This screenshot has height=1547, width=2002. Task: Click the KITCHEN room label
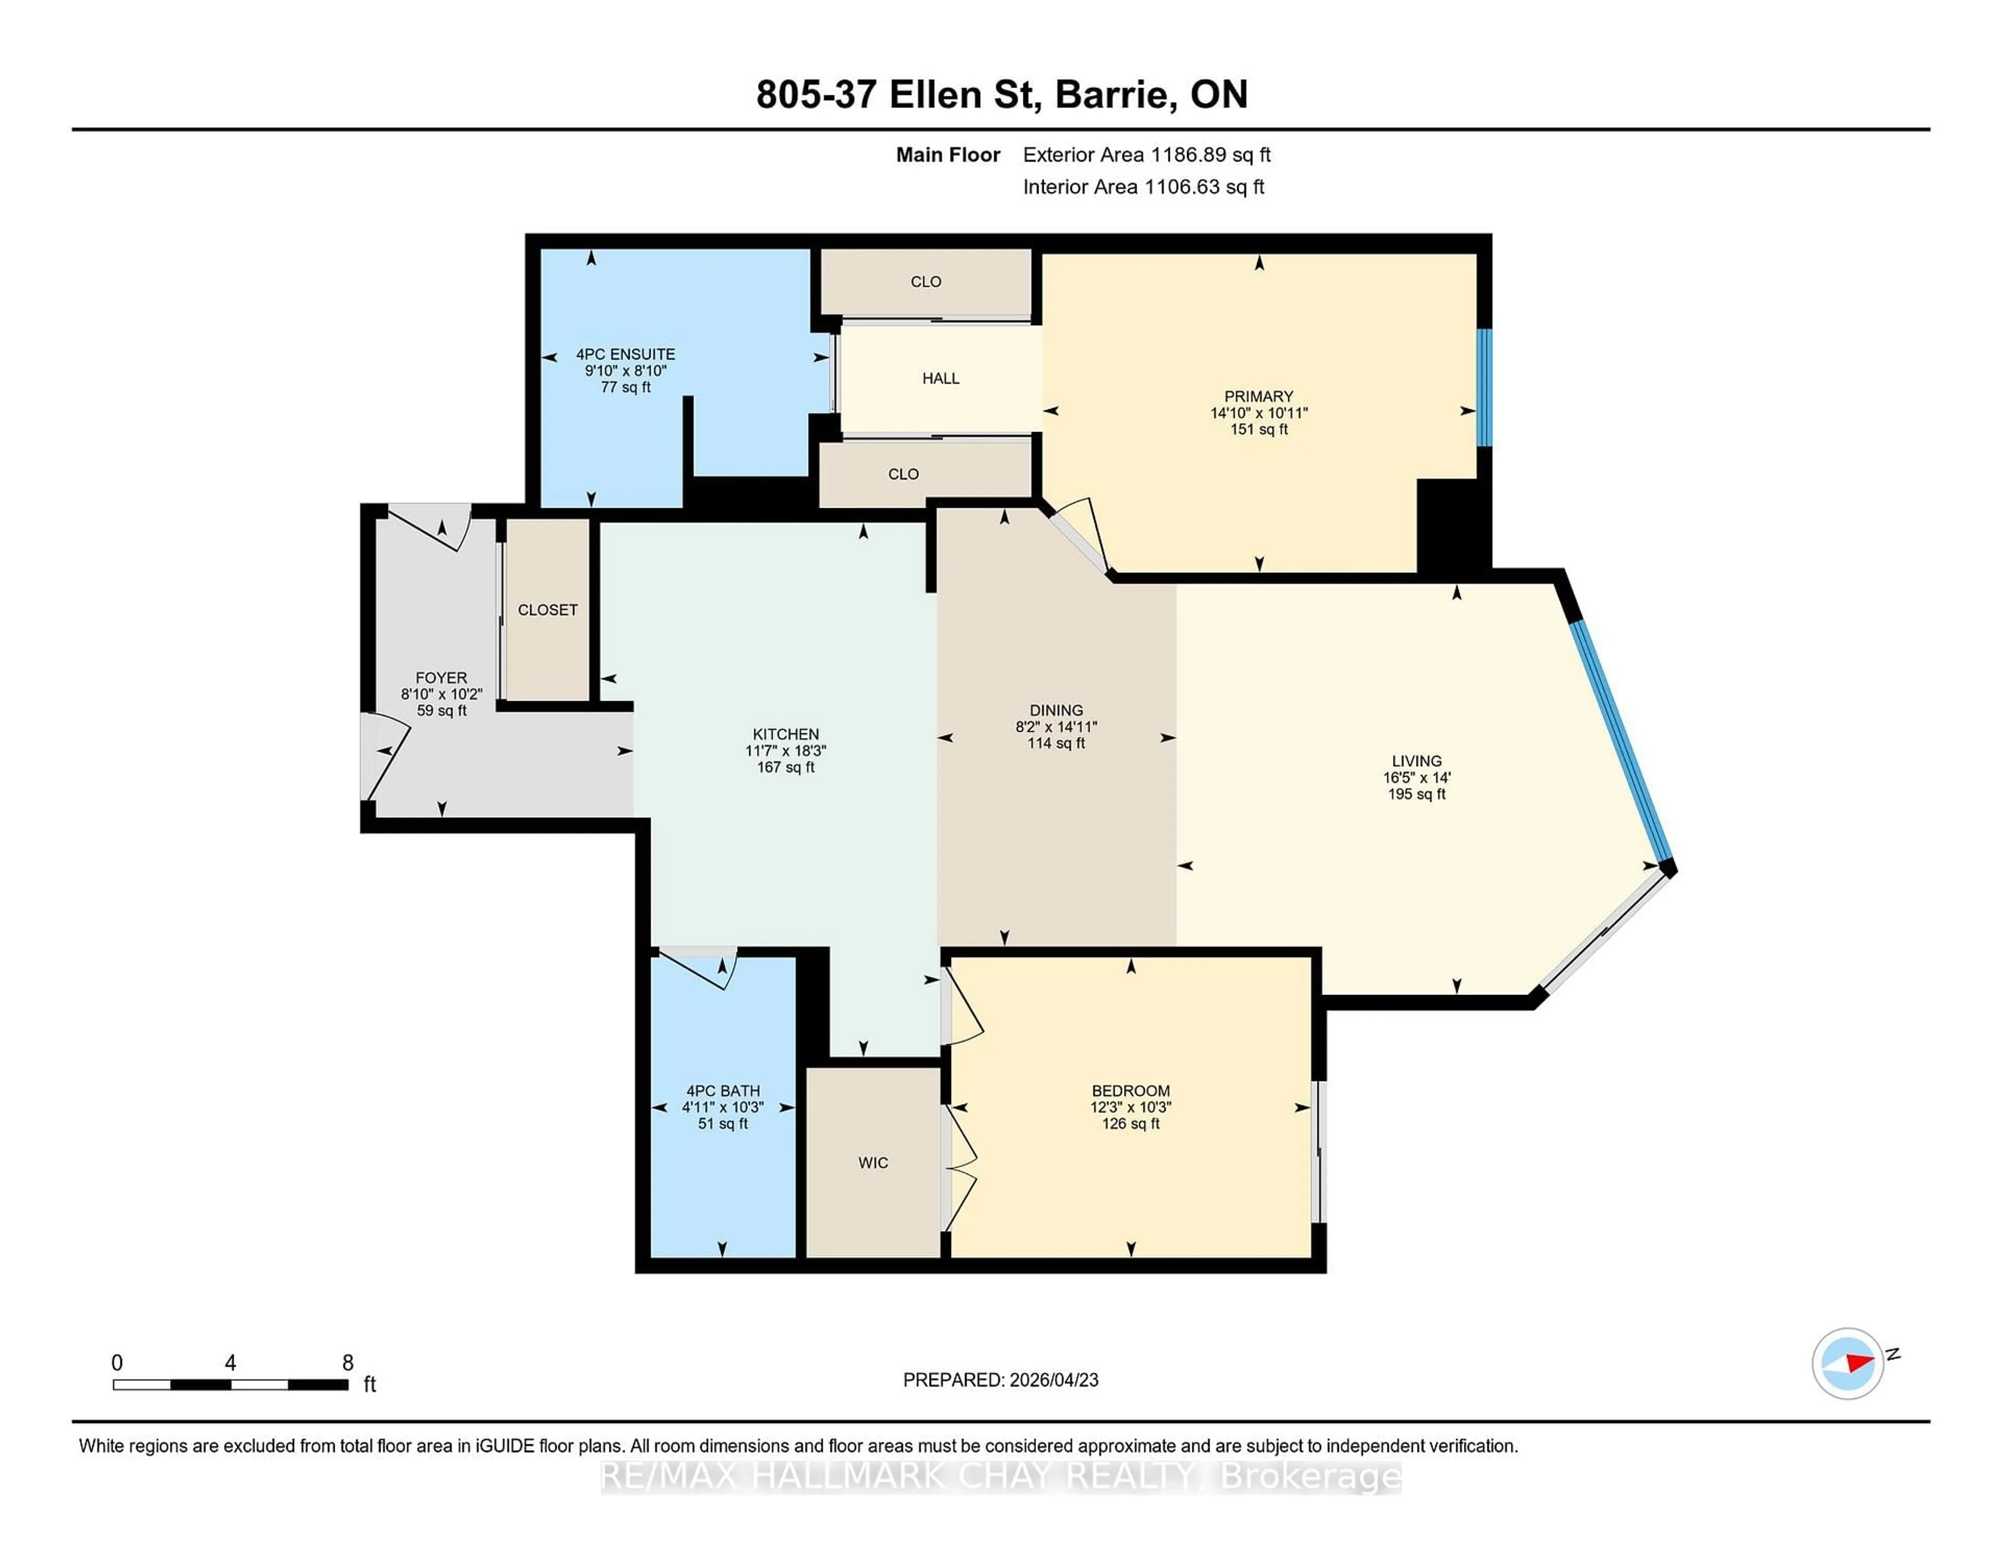tap(786, 734)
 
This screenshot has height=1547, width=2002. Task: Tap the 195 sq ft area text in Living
tap(1416, 794)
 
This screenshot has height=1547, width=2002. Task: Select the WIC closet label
tap(873, 1163)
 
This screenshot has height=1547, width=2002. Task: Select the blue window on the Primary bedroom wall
tap(1484, 388)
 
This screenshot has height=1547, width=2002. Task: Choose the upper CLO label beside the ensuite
tap(926, 281)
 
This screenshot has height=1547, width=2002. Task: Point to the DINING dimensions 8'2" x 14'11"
tap(1056, 727)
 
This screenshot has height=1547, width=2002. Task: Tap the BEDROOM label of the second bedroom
tap(1130, 1090)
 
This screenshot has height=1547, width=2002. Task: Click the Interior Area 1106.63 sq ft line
tap(1143, 187)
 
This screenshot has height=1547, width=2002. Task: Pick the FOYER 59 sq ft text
tap(442, 710)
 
